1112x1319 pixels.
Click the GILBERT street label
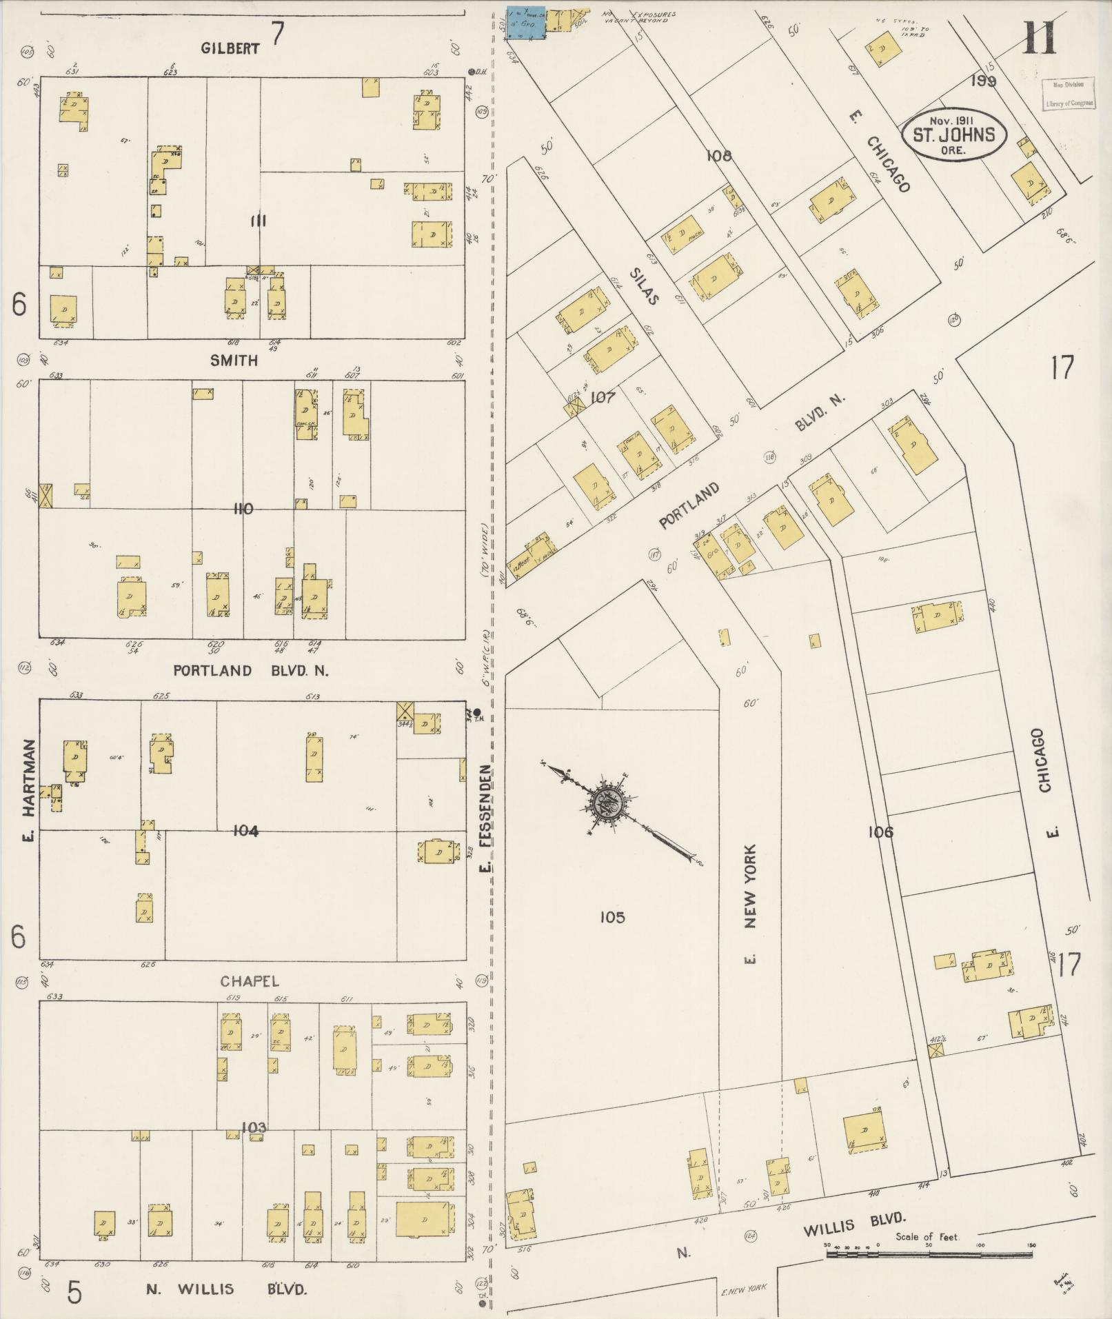tap(230, 48)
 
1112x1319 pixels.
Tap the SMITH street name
tap(234, 360)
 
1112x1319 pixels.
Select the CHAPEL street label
tap(250, 980)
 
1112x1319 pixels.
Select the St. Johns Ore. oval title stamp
tap(953, 134)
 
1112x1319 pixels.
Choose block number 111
tap(259, 221)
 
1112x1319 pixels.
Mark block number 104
tap(245, 831)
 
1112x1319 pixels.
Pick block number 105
tap(611, 916)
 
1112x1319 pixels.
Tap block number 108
tap(718, 157)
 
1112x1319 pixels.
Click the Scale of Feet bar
tap(929, 1253)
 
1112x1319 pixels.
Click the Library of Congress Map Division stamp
tap(1068, 94)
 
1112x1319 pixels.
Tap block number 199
tap(983, 81)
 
